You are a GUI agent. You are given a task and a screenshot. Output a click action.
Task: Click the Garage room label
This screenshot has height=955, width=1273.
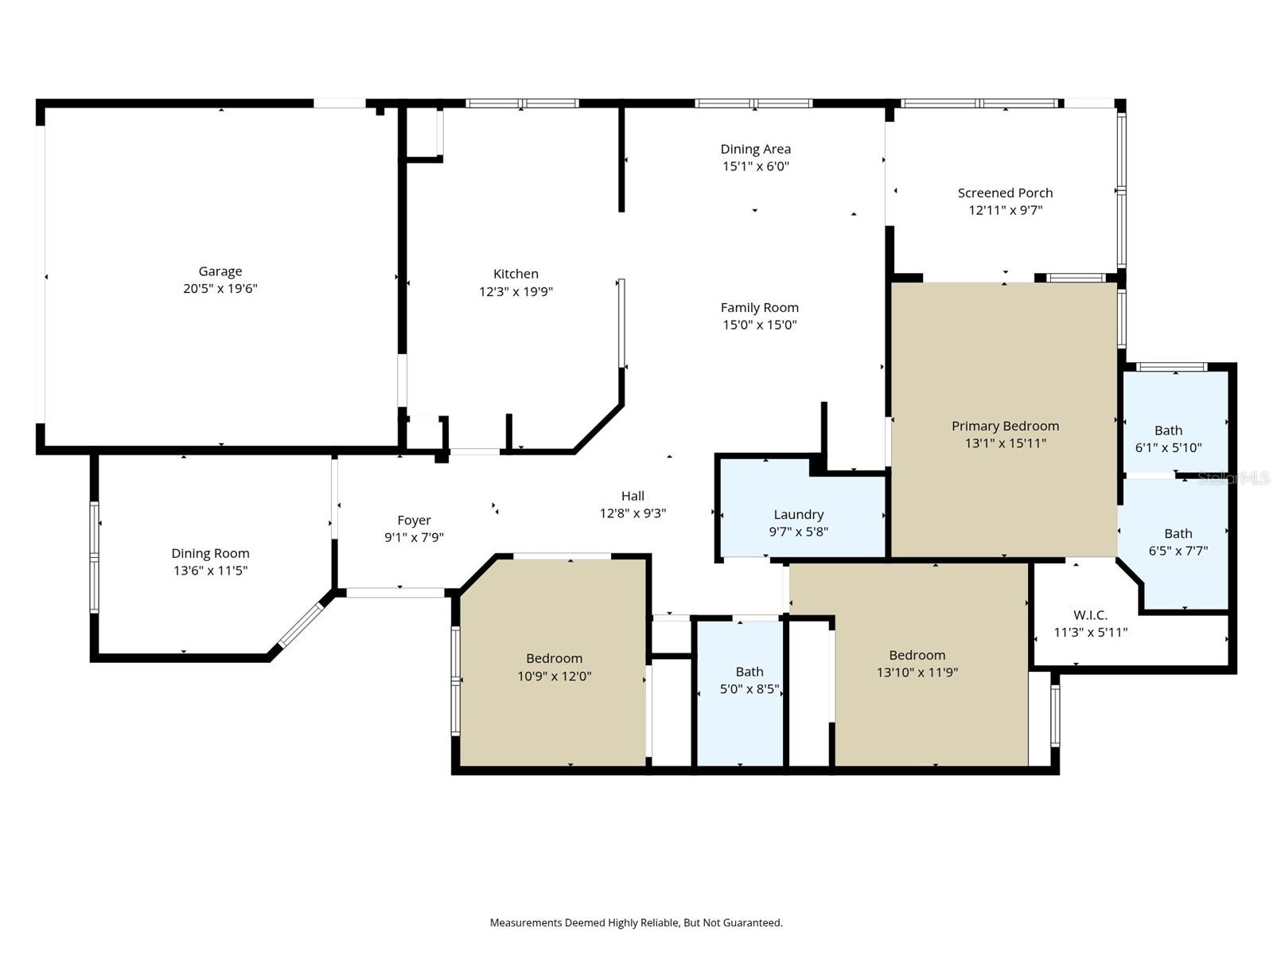(x=220, y=271)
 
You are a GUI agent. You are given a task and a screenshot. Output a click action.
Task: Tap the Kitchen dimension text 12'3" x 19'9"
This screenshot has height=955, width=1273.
(x=516, y=291)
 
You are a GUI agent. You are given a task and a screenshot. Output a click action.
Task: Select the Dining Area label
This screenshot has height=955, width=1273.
(x=755, y=149)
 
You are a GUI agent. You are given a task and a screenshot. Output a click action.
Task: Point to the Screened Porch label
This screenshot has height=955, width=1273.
(x=1005, y=193)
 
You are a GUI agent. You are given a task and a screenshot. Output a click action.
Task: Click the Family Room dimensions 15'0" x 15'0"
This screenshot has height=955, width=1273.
(x=759, y=325)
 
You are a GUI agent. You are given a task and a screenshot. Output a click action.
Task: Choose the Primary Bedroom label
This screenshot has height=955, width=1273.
(x=1005, y=426)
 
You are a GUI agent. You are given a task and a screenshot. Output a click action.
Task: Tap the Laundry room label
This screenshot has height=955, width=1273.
(x=798, y=515)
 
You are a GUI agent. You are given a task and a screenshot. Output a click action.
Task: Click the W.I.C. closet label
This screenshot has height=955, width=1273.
(x=1090, y=615)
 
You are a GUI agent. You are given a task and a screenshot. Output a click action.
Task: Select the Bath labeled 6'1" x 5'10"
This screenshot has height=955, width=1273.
(x=1168, y=439)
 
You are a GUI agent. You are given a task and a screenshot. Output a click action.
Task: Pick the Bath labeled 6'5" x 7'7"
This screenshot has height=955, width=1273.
(x=1178, y=542)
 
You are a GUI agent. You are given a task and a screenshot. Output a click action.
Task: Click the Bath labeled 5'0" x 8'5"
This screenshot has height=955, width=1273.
(x=749, y=680)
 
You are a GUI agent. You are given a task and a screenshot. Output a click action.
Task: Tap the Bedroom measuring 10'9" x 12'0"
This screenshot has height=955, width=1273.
(x=554, y=667)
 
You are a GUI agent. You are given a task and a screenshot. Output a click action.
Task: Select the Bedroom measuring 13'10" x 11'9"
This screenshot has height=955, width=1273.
(x=917, y=663)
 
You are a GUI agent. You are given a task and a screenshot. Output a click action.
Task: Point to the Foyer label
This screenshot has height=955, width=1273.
(x=414, y=520)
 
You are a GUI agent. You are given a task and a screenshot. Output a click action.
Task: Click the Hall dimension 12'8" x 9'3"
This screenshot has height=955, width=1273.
(x=633, y=513)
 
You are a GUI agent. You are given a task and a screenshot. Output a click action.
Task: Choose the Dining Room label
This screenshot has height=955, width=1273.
(x=210, y=553)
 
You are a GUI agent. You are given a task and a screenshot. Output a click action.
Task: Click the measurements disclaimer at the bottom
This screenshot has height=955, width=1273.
(x=636, y=922)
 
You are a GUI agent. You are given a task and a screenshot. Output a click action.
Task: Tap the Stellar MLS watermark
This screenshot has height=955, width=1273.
(x=1233, y=478)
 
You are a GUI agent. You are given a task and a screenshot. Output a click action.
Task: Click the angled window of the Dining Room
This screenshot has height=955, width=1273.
(x=300, y=625)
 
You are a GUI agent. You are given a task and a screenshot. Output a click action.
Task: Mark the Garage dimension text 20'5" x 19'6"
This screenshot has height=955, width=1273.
(x=220, y=289)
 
